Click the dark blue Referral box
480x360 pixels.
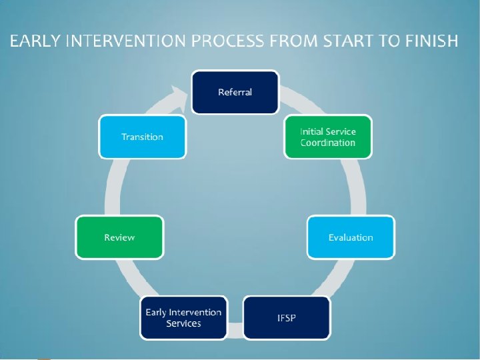tap(235, 92)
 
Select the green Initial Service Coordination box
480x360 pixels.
tap(327, 137)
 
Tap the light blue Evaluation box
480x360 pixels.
tap(350, 237)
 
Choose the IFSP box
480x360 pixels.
tap(287, 317)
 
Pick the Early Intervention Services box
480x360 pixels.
tap(183, 317)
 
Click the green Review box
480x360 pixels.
tap(119, 237)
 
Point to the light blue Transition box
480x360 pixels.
tap(142, 137)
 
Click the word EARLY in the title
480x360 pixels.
tap(33, 41)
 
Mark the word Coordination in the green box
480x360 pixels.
tap(327, 143)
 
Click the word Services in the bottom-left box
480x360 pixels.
tap(183, 323)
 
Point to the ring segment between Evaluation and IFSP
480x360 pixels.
tap(339, 276)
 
